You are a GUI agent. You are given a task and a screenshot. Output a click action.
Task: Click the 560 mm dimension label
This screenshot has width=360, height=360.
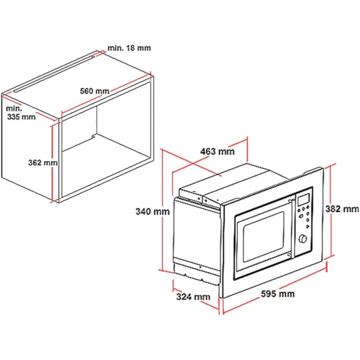point(95,91)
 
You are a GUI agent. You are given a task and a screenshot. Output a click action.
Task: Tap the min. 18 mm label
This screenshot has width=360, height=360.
point(129,48)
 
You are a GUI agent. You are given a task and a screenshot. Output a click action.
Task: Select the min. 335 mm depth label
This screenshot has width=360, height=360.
point(21,113)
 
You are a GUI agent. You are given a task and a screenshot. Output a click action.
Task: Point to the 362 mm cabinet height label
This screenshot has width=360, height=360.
point(43,163)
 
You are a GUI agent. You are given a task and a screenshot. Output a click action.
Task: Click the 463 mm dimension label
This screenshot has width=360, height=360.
point(218,152)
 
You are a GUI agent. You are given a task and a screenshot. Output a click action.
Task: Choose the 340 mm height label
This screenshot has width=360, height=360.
point(152,211)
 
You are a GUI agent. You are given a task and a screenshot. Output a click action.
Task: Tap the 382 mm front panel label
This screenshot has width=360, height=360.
point(342,209)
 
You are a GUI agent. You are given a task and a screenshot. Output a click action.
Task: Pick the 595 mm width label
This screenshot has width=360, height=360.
point(278,294)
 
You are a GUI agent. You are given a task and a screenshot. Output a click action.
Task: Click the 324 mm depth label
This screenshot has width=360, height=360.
point(193,297)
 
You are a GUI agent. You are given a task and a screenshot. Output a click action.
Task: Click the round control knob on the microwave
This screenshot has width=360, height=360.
point(303,239)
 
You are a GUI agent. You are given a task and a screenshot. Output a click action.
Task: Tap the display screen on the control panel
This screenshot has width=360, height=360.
point(303,200)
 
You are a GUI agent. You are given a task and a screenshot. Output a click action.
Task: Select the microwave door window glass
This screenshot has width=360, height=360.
point(263,237)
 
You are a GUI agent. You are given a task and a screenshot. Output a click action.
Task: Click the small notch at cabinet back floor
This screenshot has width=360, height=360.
point(94,137)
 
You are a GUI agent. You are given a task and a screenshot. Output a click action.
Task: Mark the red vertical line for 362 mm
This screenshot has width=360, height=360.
point(52,164)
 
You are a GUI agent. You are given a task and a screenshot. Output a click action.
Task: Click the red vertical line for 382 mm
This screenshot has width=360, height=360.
point(331,211)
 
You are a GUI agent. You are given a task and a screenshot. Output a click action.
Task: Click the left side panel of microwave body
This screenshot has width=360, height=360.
point(197,237)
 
